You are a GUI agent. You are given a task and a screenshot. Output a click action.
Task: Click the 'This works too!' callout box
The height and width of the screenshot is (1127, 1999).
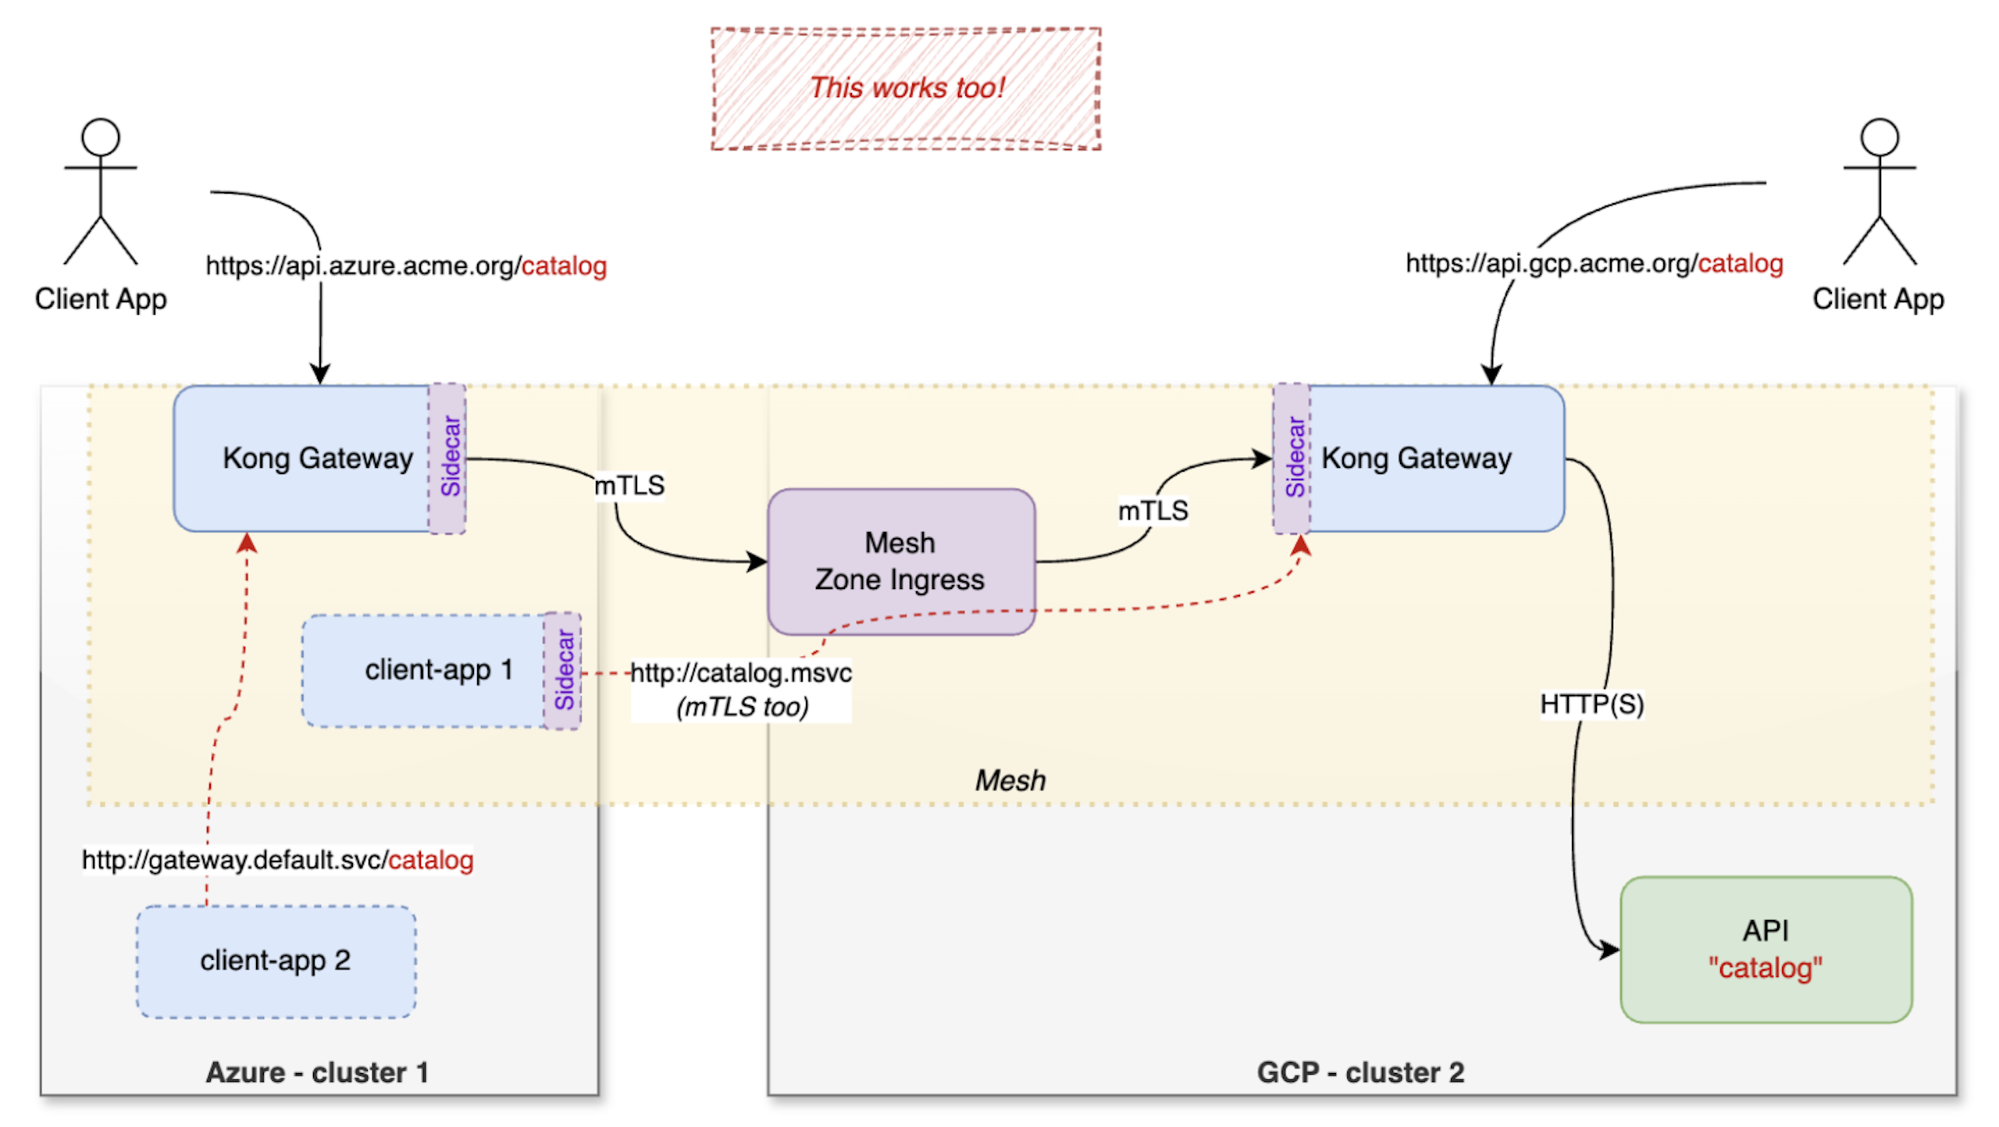click(x=905, y=88)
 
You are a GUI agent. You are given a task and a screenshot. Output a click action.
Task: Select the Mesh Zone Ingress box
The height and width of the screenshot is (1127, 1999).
click(x=900, y=561)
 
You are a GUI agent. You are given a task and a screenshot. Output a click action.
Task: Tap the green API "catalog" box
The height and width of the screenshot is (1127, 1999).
click(x=1765, y=948)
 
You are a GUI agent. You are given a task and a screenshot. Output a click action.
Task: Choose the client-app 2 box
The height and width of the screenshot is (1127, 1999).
click(x=276, y=960)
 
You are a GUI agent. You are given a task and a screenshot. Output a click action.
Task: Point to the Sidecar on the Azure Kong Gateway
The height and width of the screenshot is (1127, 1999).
click(x=447, y=458)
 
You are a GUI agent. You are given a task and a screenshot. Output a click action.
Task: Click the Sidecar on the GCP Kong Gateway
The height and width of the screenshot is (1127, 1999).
click(x=1292, y=458)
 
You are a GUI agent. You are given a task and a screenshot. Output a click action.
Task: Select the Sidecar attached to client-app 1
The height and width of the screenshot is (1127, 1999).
click(x=562, y=670)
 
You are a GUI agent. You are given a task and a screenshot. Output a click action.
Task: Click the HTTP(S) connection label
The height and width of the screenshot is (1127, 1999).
click(x=1591, y=704)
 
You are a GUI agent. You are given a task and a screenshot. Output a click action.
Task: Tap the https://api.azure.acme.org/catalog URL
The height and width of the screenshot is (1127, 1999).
click(x=406, y=266)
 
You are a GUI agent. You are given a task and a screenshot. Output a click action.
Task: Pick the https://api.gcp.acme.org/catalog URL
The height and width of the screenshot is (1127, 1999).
click(x=1593, y=263)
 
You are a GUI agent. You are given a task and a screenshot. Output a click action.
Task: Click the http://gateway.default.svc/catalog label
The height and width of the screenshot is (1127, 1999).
click(x=277, y=859)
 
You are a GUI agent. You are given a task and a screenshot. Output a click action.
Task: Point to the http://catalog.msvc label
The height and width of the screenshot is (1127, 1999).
click(x=740, y=672)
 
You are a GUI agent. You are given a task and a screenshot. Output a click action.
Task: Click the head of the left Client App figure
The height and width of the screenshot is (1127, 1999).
click(x=101, y=137)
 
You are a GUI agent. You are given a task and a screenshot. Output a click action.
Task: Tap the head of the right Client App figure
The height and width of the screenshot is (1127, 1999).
click(x=1878, y=137)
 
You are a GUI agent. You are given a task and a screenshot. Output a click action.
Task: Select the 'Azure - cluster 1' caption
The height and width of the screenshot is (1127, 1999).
click(x=316, y=1072)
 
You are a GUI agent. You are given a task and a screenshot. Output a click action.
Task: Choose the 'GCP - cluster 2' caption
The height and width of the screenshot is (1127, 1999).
click(x=1359, y=1072)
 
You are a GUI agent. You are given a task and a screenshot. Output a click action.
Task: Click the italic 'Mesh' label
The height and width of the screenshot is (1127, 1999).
click(x=1009, y=779)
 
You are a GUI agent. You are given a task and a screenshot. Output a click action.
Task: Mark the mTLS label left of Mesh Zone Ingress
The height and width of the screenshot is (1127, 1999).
click(x=629, y=485)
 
